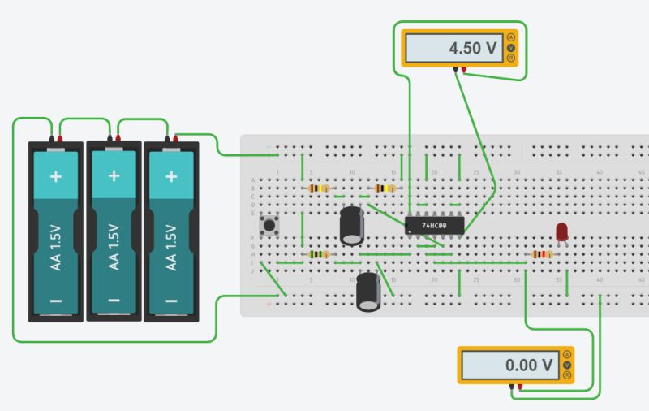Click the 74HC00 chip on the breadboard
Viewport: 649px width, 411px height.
coord(434,225)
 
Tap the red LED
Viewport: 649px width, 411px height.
coord(561,231)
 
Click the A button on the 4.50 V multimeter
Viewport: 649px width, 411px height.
coord(511,38)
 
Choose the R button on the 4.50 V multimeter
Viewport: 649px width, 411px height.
coord(511,58)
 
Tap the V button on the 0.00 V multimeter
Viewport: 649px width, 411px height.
coord(567,366)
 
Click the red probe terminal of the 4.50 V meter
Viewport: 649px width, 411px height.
coord(464,71)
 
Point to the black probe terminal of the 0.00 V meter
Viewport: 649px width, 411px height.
coord(511,387)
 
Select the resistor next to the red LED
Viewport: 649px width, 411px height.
coord(542,254)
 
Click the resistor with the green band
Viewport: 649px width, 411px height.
coord(319,254)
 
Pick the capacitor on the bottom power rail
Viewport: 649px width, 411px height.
coord(369,292)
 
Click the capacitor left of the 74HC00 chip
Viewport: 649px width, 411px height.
coord(352,225)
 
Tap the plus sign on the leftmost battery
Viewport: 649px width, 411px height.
coord(56,175)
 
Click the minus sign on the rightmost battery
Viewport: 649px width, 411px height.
coord(171,300)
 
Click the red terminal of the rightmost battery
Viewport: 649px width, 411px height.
coord(176,137)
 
